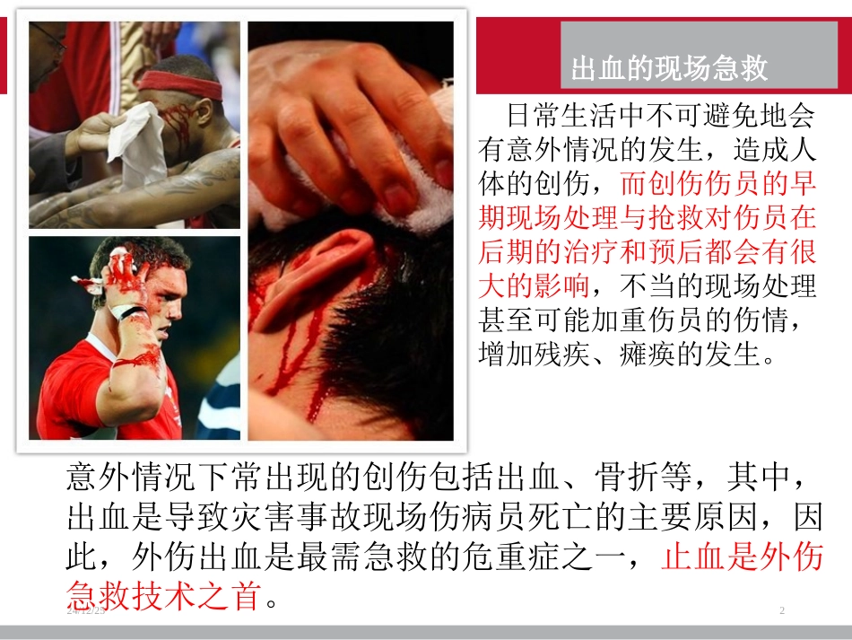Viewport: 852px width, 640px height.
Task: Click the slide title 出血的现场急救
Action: [x=669, y=69]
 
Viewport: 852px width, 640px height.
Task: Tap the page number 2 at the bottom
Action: [x=782, y=611]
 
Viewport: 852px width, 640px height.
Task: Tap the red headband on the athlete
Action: [x=179, y=86]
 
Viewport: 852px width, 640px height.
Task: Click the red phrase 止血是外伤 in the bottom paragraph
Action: [x=742, y=557]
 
